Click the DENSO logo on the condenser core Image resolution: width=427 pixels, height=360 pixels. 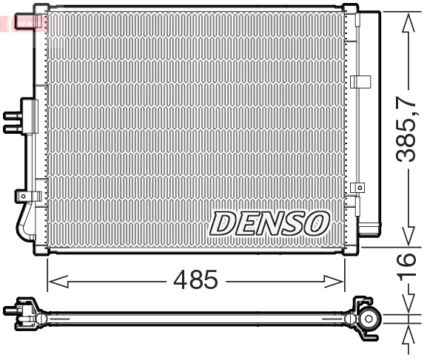270,223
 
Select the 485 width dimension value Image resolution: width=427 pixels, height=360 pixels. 195,280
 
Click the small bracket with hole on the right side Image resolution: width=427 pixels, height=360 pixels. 358,189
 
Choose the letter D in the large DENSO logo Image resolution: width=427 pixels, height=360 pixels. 225,223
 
